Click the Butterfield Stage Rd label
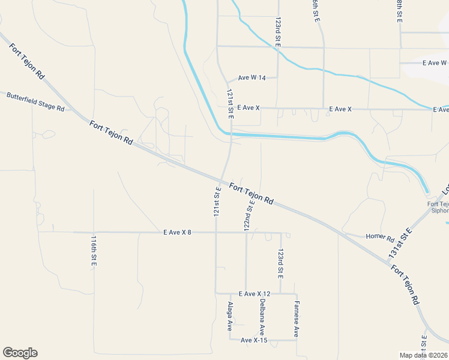[35, 102]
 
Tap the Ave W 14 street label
[252, 77]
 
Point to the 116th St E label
[94, 251]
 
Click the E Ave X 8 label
[176, 232]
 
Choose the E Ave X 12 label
[255, 293]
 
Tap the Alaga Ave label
[229, 317]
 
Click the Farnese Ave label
[296, 319]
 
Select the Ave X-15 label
[254, 340]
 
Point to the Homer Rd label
[379, 237]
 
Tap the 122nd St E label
[249, 214]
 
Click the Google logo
[20, 353]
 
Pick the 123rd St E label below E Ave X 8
[280, 264]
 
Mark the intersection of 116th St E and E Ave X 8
[94, 232]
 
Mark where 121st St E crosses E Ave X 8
[216, 232]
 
